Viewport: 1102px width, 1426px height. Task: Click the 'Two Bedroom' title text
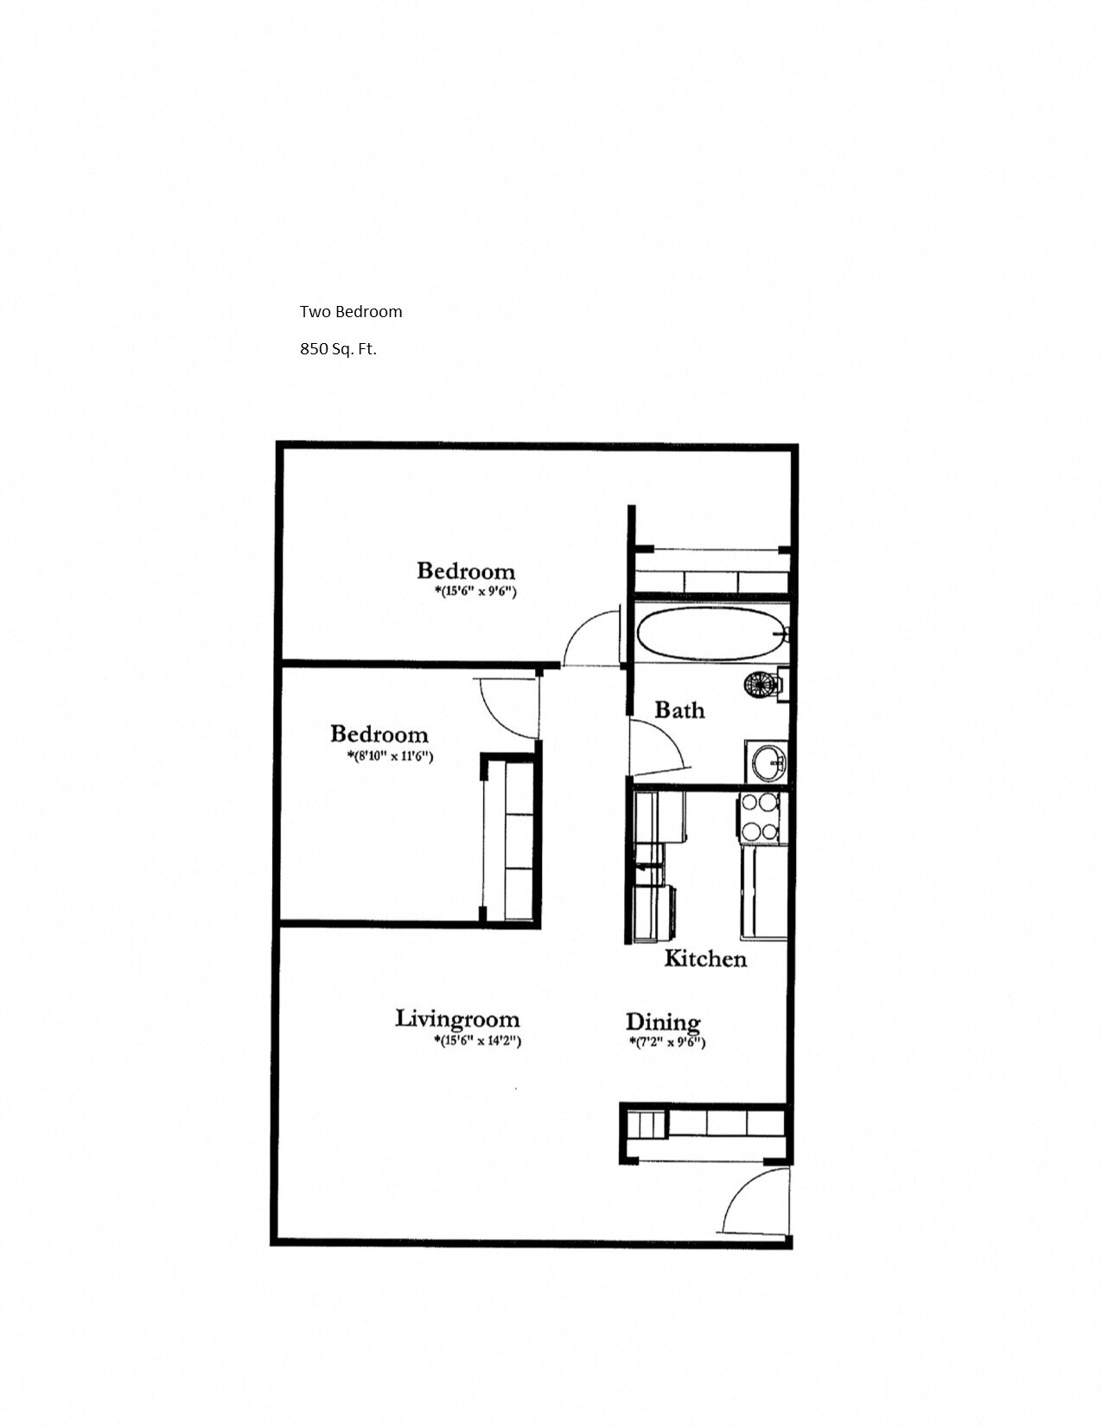coord(351,312)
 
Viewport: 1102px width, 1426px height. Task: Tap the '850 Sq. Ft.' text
coord(338,349)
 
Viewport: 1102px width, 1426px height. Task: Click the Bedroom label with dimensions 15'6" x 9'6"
coord(466,571)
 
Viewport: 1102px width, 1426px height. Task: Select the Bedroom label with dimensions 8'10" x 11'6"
coord(379,735)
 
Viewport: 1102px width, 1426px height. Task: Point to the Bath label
coord(679,710)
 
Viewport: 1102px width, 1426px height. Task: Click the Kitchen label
coord(705,958)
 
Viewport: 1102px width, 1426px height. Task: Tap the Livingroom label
coord(457,1019)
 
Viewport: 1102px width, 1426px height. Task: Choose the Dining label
coord(663,1022)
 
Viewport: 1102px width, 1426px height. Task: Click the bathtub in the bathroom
coord(712,633)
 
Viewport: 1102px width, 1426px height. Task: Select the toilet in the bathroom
coord(762,684)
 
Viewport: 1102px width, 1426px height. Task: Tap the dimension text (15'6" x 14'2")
coord(477,1041)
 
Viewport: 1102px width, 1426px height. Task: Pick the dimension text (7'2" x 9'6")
coord(667,1042)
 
